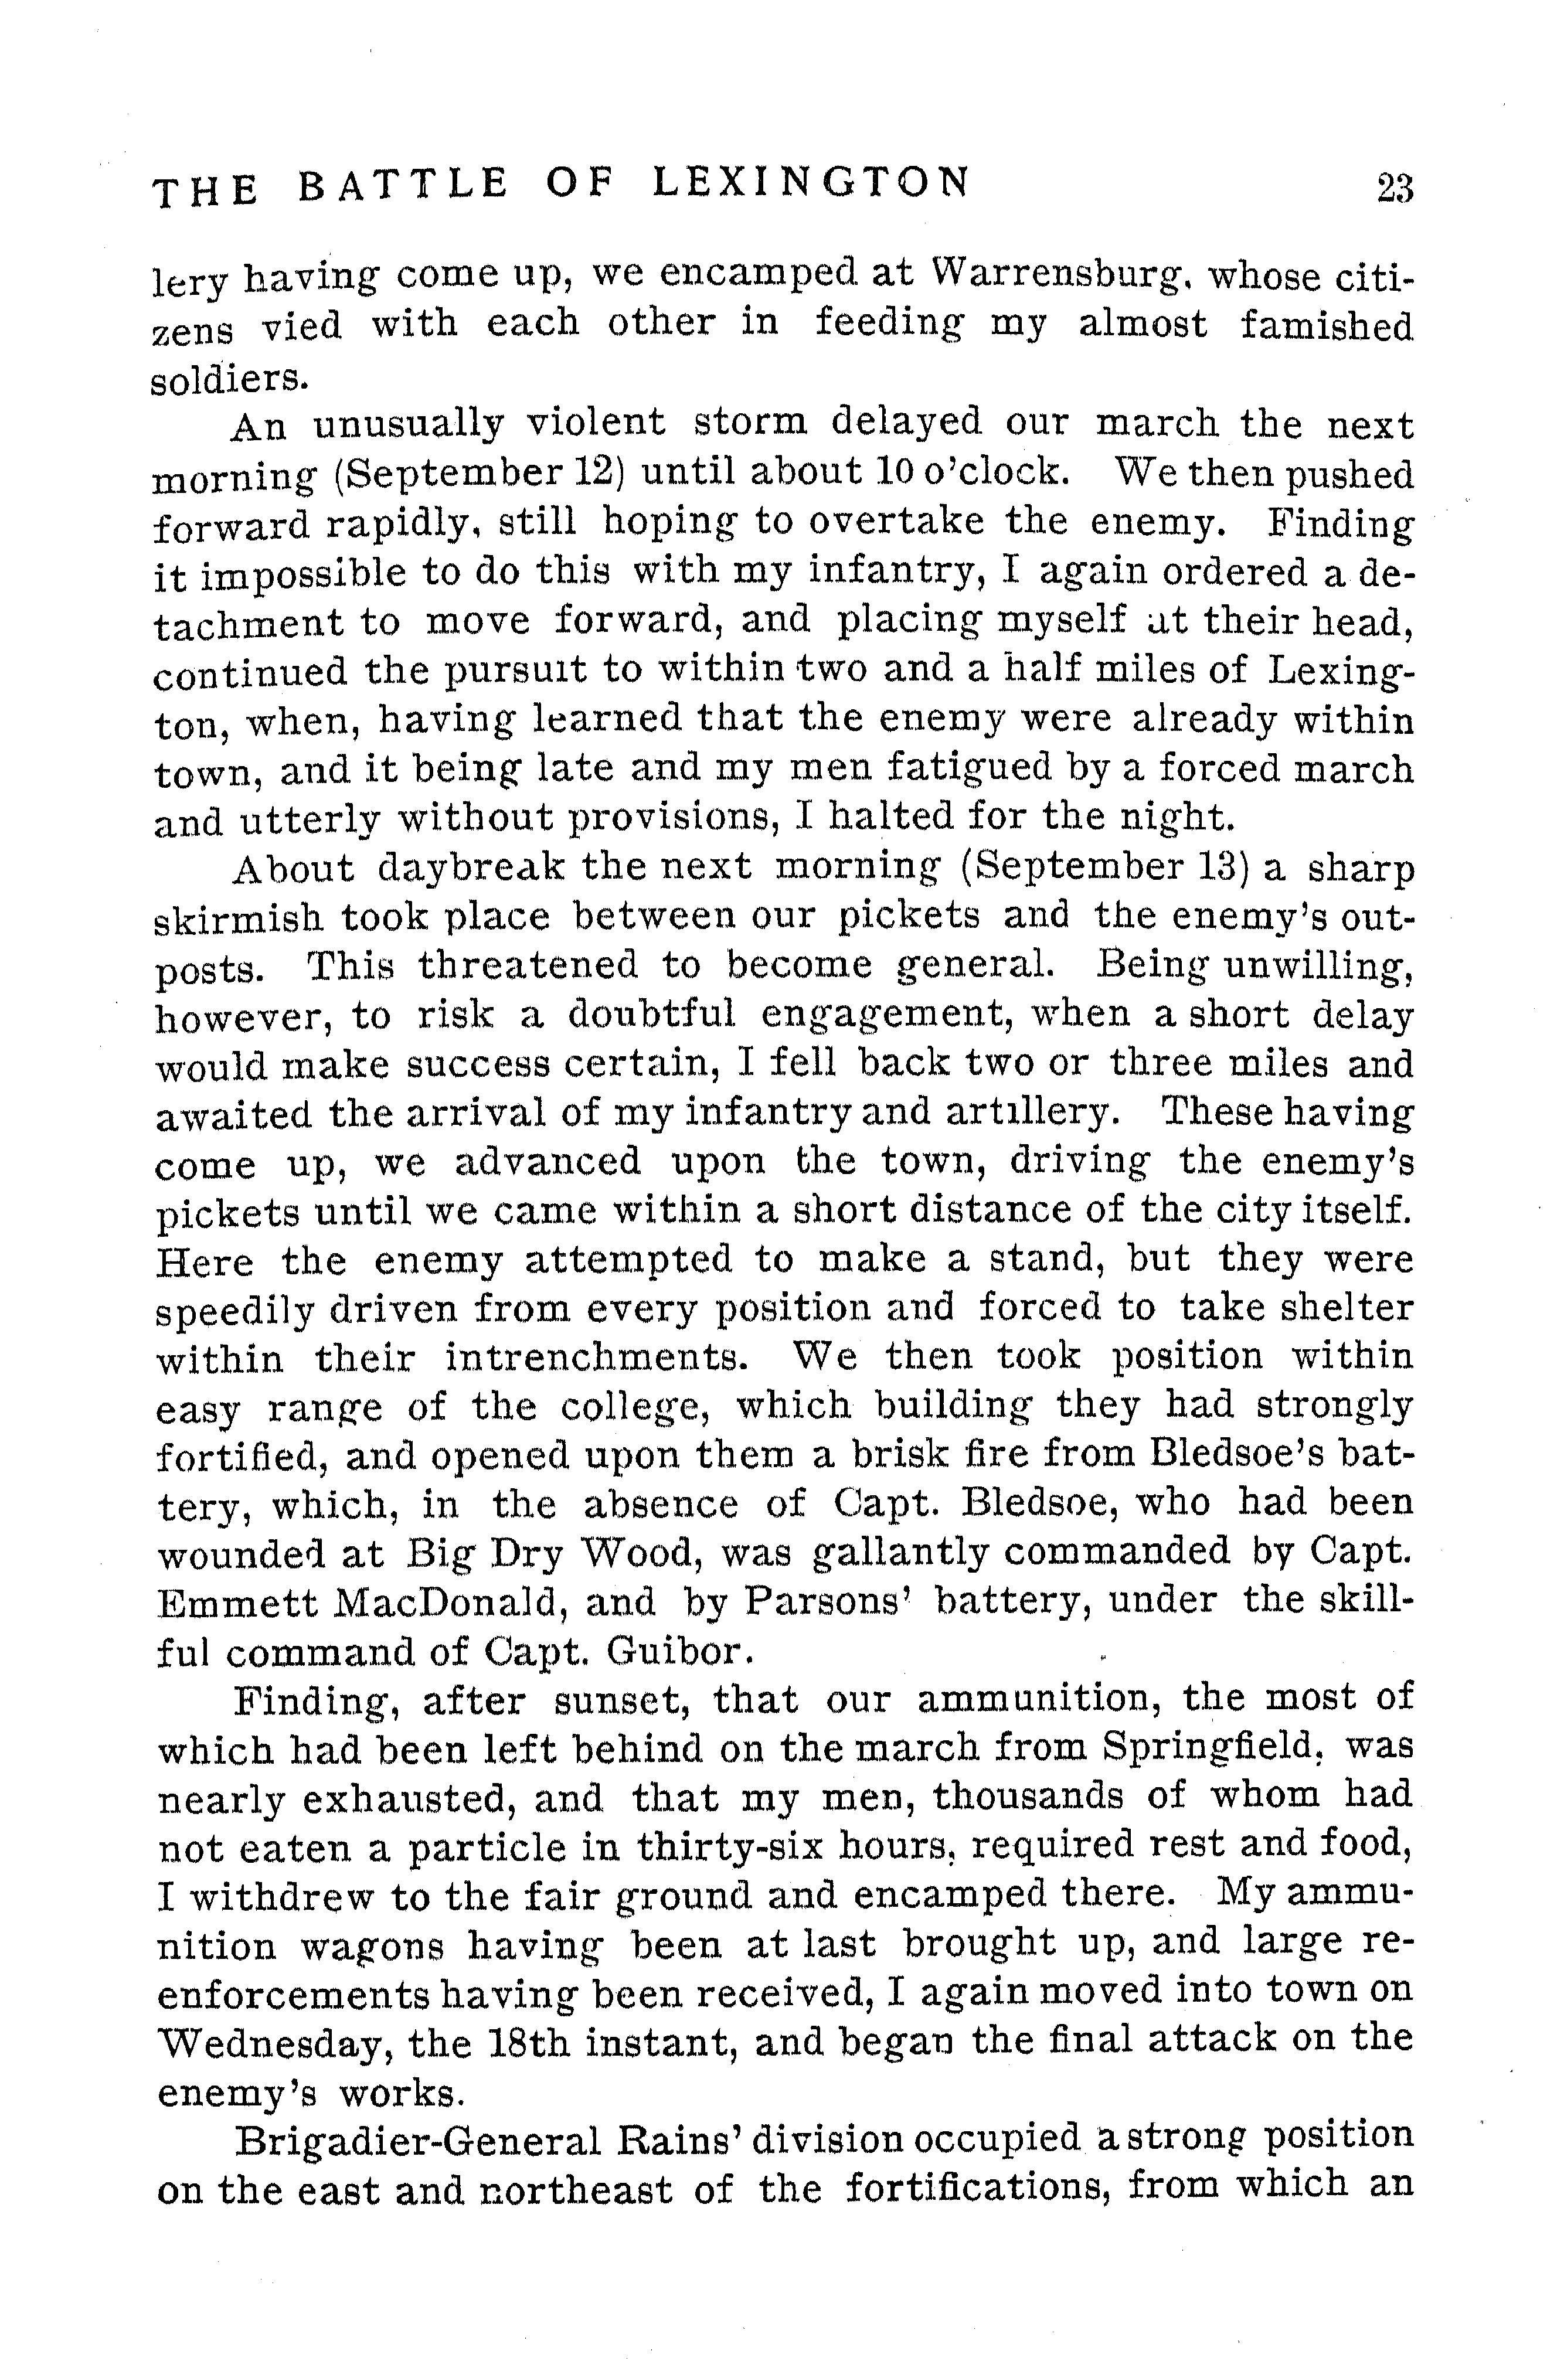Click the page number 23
[x=1393, y=188]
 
